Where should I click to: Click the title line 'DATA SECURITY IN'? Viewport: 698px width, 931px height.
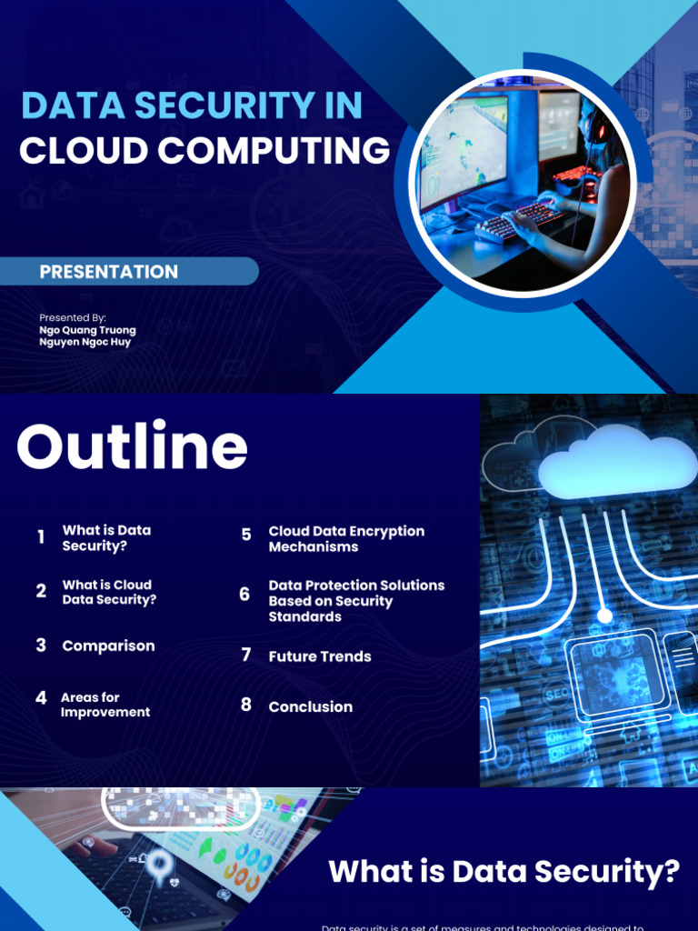tap(192, 106)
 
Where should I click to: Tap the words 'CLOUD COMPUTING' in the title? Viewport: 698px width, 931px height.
tap(204, 151)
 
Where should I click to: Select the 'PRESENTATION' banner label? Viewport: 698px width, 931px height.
tap(108, 272)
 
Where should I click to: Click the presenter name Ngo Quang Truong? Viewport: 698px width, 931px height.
tap(87, 330)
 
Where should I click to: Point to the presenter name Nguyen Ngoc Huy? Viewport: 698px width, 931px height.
tap(85, 343)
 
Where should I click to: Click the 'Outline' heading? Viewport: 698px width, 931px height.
tap(132, 447)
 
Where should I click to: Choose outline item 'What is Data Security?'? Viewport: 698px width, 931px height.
tap(106, 538)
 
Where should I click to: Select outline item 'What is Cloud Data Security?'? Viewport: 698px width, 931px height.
tap(109, 592)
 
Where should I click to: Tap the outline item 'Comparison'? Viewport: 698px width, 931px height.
tap(108, 646)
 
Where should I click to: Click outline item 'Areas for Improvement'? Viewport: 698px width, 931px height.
tap(105, 705)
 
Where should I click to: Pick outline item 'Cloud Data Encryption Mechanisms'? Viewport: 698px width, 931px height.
tap(346, 539)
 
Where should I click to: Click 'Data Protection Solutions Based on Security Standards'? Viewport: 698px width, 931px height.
tap(356, 601)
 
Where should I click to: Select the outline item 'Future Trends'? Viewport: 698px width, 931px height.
tap(320, 656)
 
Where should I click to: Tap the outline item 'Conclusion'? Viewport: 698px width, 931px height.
tap(310, 706)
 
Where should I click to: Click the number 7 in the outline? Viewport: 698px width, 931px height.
tap(245, 655)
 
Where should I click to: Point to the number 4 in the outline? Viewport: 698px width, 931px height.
tap(41, 698)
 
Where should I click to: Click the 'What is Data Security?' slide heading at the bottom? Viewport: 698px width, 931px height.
tap(504, 872)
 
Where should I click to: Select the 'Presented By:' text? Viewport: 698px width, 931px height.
tap(73, 317)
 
